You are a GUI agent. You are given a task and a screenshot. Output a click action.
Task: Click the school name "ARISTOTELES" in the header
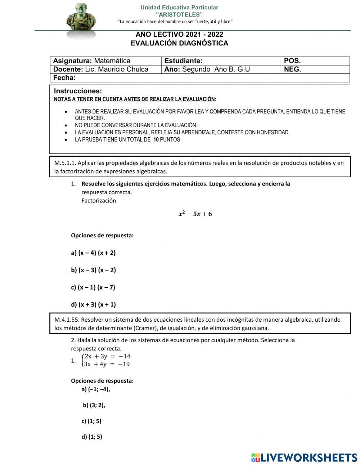click(x=179, y=14)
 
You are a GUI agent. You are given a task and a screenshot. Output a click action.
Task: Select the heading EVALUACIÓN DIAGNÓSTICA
click(x=179, y=43)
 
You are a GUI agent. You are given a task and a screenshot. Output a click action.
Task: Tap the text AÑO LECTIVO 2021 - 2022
click(x=179, y=35)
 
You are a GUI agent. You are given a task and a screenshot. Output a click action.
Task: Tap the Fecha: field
click(x=65, y=78)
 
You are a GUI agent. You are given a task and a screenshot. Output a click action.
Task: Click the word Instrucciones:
click(x=78, y=91)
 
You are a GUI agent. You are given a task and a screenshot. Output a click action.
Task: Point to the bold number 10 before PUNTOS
click(x=156, y=140)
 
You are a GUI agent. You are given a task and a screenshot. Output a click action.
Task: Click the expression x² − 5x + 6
click(x=195, y=214)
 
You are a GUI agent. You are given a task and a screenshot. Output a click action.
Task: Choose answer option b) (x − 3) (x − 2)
click(x=94, y=270)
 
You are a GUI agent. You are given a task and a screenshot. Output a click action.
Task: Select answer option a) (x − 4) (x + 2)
click(x=94, y=253)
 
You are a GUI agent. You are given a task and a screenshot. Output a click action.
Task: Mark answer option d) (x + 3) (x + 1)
click(x=94, y=305)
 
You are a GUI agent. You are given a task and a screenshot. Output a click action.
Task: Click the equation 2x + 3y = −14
click(x=107, y=357)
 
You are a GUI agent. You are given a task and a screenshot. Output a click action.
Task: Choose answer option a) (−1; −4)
click(x=96, y=389)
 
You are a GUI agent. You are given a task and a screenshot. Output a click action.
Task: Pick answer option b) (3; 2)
click(x=94, y=405)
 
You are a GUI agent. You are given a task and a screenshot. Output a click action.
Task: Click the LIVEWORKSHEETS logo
click(x=304, y=457)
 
